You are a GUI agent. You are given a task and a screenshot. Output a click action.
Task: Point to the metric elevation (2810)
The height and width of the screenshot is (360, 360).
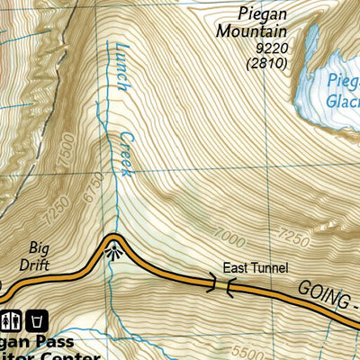[266, 63]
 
